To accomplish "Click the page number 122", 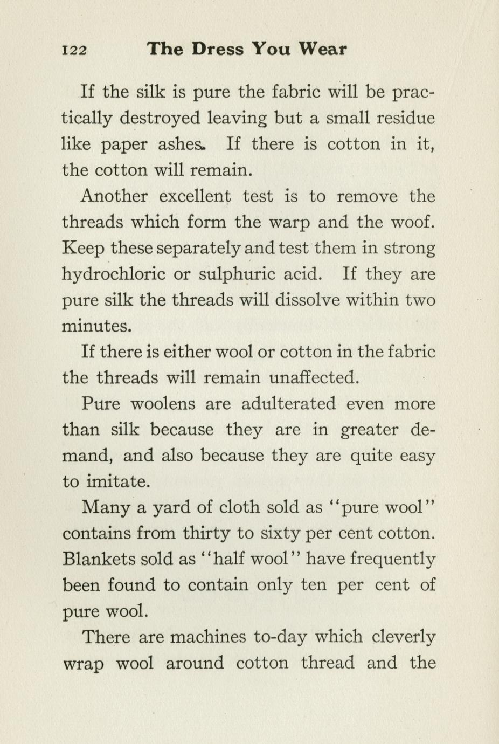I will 74,50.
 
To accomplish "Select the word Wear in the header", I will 323,49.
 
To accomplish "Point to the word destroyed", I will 160,119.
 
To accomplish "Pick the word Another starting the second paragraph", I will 113,196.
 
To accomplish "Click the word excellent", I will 195,196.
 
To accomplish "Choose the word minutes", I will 96,326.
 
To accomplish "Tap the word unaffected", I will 314,377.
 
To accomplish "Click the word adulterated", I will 288,403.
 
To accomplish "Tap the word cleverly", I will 404,638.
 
